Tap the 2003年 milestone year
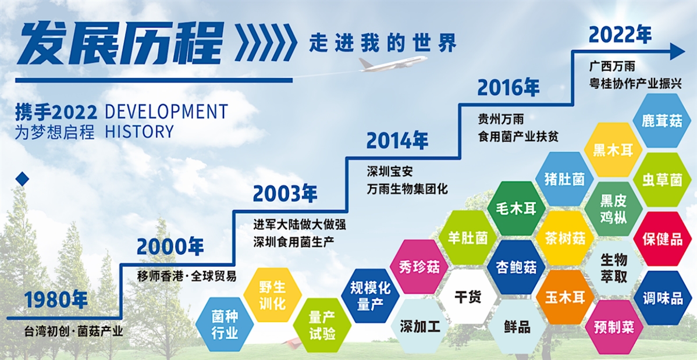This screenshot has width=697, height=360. click(x=285, y=194)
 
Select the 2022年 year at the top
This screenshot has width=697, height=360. click(x=620, y=35)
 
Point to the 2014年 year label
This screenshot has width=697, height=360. click(x=397, y=141)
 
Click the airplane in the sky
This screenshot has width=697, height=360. click(x=392, y=63)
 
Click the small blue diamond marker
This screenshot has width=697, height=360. click(x=22, y=179)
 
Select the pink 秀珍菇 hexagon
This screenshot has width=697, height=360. click(x=419, y=267)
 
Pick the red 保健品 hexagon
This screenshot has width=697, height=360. click(x=662, y=238)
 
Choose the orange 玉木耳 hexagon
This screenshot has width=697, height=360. click(x=565, y=297)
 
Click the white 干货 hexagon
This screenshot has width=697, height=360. click(x=468, y=297)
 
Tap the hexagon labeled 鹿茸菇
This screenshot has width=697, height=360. click(x=662, y=120)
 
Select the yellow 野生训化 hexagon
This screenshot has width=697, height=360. click(x=272, y=295)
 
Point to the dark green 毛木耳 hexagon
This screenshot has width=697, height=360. click(x=516, y=208)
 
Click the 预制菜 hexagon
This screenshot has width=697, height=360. click(x=614, y=327)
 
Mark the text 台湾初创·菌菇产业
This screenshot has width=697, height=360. click(x=73, y=331)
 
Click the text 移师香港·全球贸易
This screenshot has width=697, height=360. click(x=187, y=276)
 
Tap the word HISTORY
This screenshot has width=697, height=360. click(x=139, y=131)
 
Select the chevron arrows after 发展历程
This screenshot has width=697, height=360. click(x=266, y=42)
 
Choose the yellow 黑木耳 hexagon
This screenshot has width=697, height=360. click(x=613, y=150)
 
